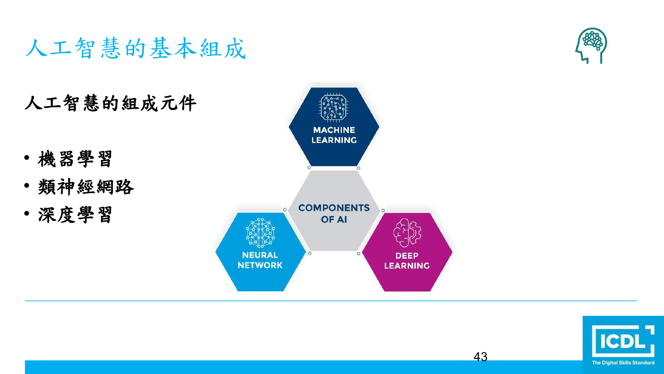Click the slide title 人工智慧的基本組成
(135, 48)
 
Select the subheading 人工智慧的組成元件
(111, 103)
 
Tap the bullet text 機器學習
(75, 159)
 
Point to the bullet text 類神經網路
(86, 187)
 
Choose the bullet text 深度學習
(75, 215)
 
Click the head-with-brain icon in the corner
(591, 46)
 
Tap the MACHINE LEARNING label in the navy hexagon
(334, 135)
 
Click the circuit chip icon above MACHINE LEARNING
(333, 108)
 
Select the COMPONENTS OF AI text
(334, 213)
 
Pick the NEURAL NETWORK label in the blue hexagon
(260, 260)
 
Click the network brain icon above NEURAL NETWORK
(260, 233)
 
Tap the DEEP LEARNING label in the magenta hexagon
(407, 261)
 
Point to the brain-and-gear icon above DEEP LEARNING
(407, 233)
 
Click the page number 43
(480, 357)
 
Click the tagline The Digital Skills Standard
(623, 363)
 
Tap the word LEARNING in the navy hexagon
(334, 140)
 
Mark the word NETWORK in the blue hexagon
(260, 265)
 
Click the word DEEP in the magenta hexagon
(407, 256)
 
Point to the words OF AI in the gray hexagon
(334, 219)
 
